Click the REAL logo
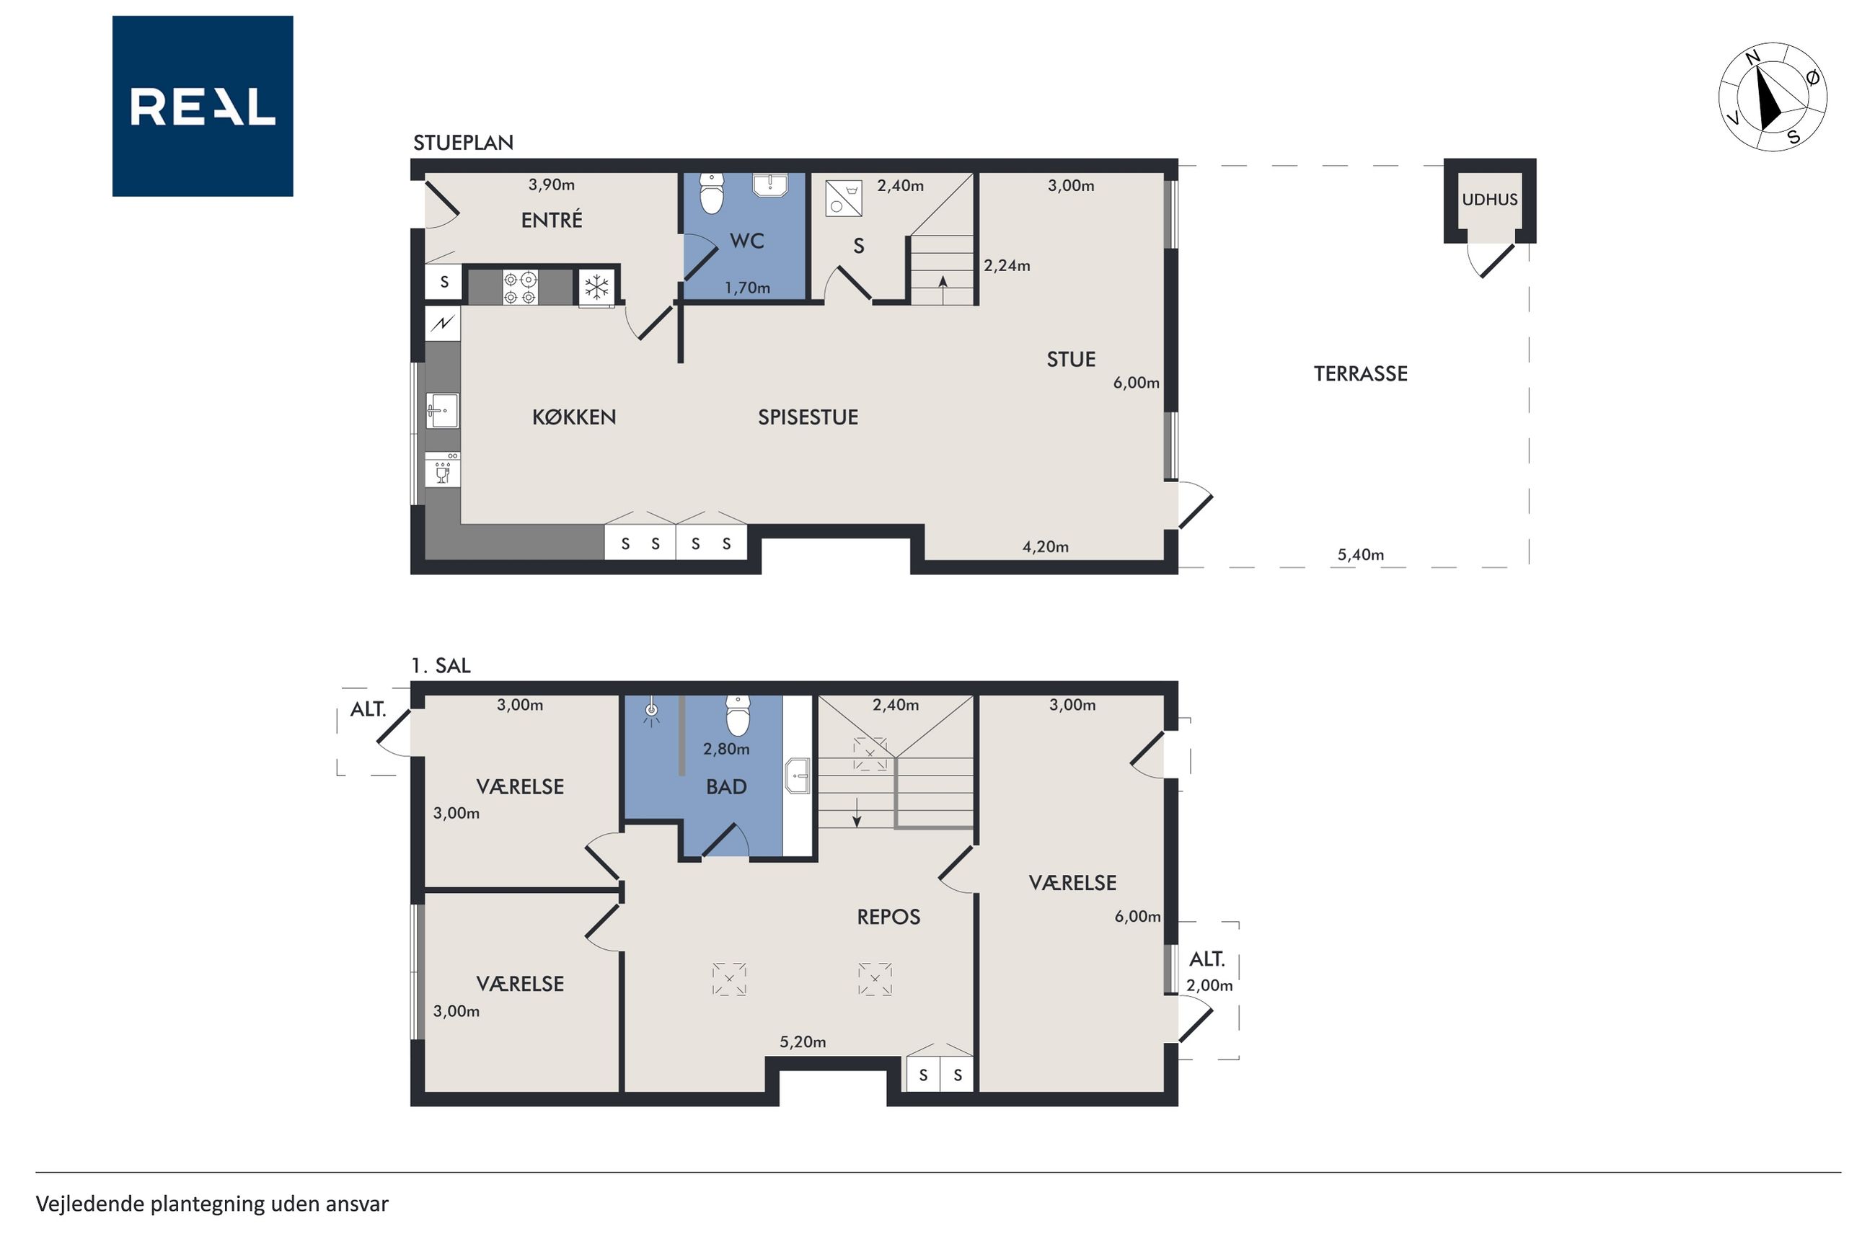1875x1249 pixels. point(203,106)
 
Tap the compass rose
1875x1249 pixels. point(1772,97)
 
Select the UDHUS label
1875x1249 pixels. point(1489,200)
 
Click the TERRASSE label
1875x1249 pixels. point(1360,373)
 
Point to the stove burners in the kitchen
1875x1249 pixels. point(519,288)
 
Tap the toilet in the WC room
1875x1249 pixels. point(711,194)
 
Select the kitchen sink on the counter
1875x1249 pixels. point(442,410)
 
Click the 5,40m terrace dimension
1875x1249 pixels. point(1360,554)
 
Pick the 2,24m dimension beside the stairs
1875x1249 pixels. point(1007,265)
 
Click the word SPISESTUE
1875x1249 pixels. point(808,417)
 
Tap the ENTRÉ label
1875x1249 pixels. point(552,219)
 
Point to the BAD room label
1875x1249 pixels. point(726,787)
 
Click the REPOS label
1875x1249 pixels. point(888,917)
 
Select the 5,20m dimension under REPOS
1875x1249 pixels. point(803,1042)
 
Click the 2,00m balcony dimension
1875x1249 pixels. point(1209,985)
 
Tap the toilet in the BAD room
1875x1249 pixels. point(738,715)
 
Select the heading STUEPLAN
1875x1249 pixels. point(463,143)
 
